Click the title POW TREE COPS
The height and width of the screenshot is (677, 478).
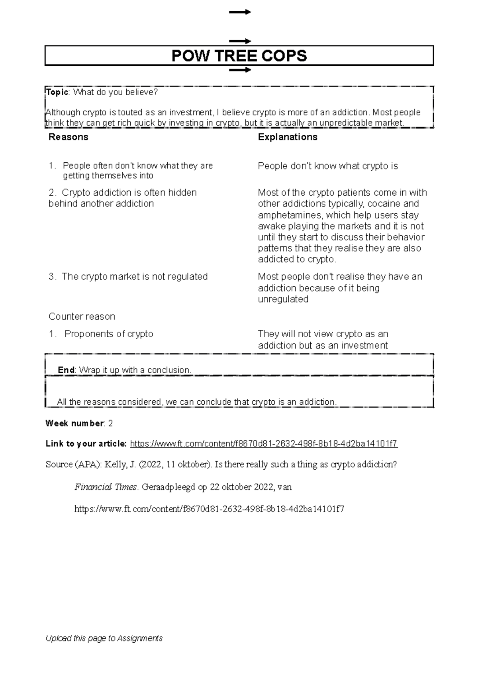[239, 56]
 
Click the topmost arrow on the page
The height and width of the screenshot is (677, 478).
[240, 12]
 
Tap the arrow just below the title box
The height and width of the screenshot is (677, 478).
[240, 70]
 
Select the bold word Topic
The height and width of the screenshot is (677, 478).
[57, 92]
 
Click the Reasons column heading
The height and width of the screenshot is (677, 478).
[68, 137]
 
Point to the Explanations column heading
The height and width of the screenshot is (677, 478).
[287, 137]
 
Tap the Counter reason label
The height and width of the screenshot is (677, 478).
[82, 317]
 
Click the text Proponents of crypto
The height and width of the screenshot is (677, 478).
[109, 334]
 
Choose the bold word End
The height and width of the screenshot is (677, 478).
[66, 370]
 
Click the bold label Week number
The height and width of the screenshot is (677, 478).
[74, 423]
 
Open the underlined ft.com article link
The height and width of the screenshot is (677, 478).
[264, 444]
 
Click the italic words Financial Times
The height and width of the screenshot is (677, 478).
[106, 487]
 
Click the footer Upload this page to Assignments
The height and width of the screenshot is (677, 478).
[104, 638]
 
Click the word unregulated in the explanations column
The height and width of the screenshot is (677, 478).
[283, 299]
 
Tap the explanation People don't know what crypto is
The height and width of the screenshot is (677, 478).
[327, 166]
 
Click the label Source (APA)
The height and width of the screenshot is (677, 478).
[74, 464]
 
